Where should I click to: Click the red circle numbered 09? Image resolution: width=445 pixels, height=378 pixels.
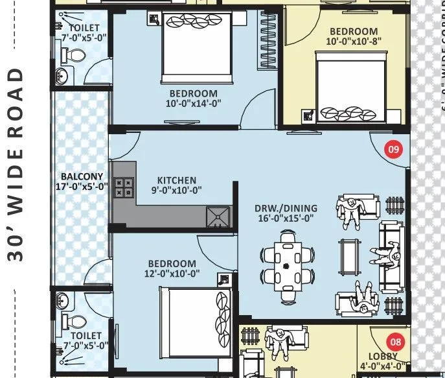click(x=393, y=149)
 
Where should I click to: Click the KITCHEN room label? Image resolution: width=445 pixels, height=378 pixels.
click(x=177, y=180)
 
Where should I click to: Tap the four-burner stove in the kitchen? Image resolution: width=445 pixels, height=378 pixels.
click(x=123, y=187)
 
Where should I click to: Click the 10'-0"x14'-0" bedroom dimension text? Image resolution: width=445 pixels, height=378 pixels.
click(x=193, y=102)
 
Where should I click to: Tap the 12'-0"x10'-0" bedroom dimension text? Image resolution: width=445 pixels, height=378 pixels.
click(x=172, y=274)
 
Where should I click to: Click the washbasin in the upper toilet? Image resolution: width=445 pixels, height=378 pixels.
click(x=62, y=77)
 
